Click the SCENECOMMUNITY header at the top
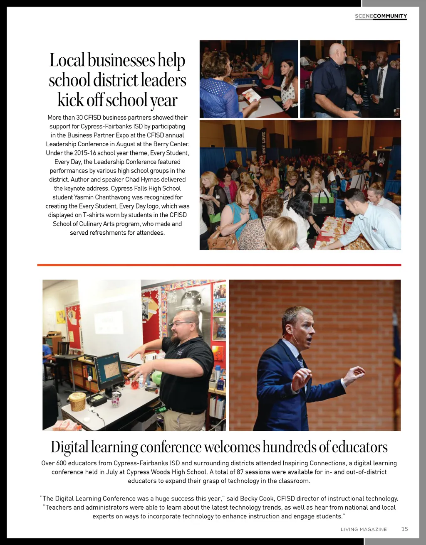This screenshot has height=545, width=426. [x=381, y=16]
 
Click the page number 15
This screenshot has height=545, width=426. [x=404, y=529]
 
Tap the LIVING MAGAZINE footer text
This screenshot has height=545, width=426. [x=364, y=529]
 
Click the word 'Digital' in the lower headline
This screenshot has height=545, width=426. [x=69, y=447]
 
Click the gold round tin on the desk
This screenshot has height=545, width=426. [x=77, y=401]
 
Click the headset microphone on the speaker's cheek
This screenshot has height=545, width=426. [x=293, y=337]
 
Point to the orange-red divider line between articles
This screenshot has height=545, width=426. [x=219, y=265]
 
